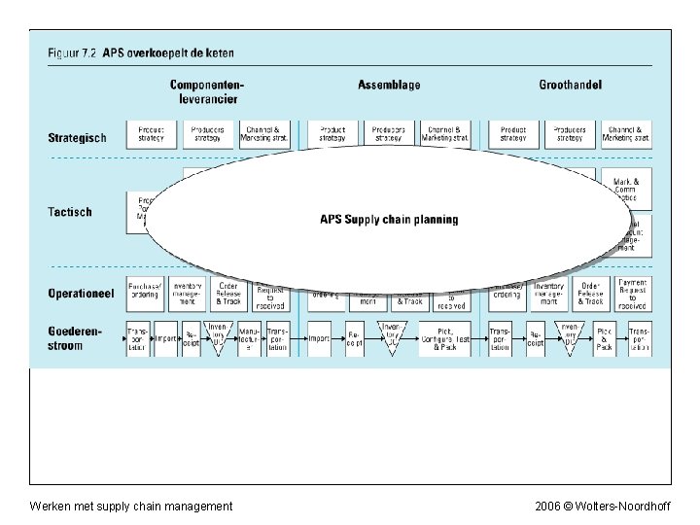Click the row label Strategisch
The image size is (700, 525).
(x=77, y=138)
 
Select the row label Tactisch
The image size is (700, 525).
(x=70, y=212)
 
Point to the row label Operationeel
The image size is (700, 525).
(x=81, y=293)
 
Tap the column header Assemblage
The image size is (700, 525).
(x=389, y=86)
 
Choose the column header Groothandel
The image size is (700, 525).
(x=571, y=86)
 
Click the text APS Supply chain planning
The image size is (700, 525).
(x=389, y=220)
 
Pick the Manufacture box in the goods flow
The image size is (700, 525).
(x=250, y=338)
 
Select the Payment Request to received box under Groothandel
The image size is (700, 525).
(x=632, y=294)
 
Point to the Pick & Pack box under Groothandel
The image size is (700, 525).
(x=605, y=338)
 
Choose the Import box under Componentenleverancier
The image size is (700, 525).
(x=166, y=338)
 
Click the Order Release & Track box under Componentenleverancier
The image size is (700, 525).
(x=228, y=294)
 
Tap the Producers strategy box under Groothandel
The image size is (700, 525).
(x=569, y=134)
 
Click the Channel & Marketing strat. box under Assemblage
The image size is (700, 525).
(x=446, y=134)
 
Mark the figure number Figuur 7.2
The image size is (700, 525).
(x=73, y=52)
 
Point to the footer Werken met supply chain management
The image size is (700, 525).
(x=131, y=507)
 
